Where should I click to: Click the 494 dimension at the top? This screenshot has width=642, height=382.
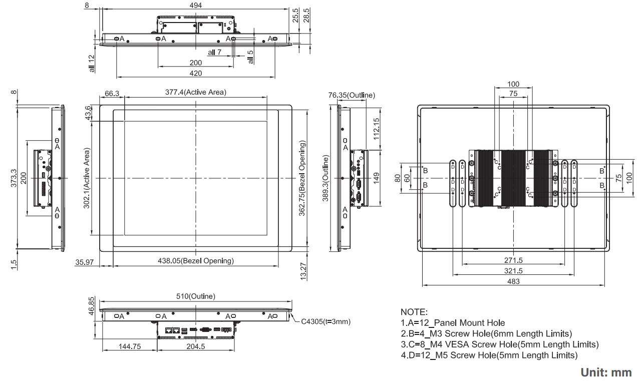coord(195,5)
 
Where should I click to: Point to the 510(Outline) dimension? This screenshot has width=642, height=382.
coord(195,296)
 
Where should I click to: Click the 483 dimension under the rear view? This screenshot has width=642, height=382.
coord(513,281)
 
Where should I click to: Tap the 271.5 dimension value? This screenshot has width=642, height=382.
coord(513,260)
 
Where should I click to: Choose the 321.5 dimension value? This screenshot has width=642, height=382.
coord(513,271)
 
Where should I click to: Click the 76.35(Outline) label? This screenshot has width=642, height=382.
coord(352,95)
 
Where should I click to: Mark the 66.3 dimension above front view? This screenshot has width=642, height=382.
coord(112,93)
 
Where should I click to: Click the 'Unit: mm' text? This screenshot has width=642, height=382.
coord(606,373)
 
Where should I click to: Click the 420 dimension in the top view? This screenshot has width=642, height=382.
coord(195,73)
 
